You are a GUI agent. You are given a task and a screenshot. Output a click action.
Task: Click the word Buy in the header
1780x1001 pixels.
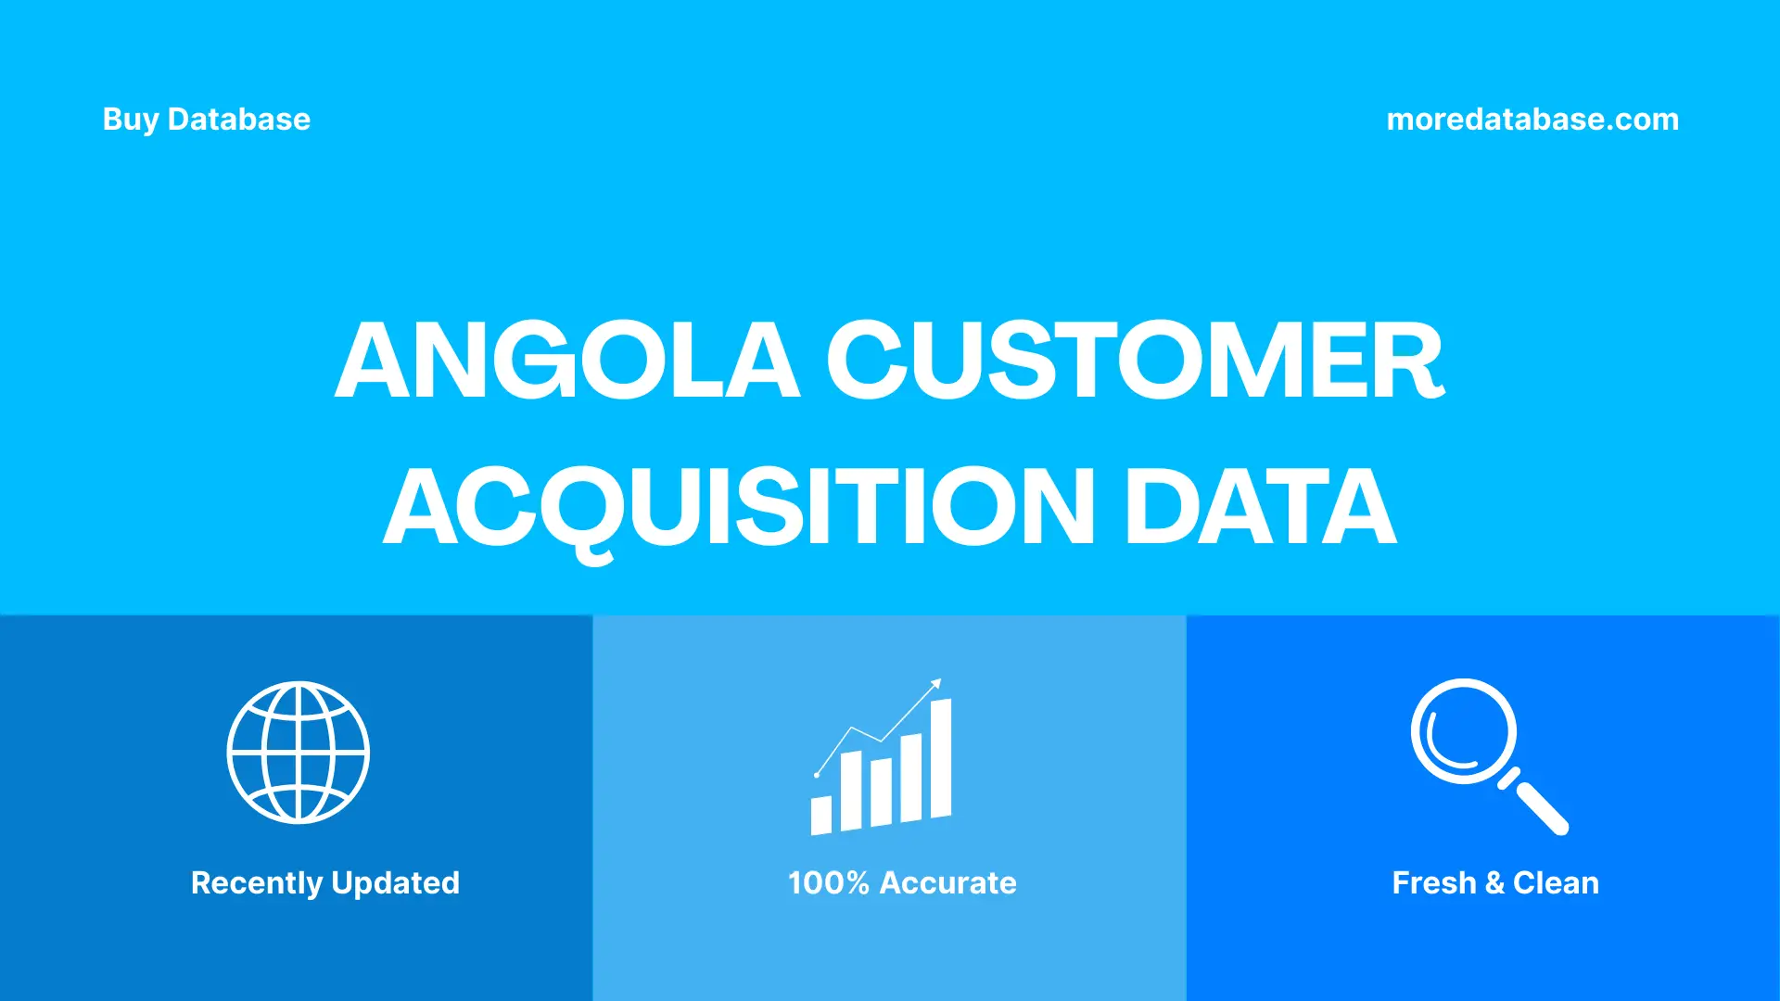pyautogui.click(x=130, y=120)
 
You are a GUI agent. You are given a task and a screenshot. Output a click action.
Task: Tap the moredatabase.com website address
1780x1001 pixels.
pyautogui.click(x=1532, y=120)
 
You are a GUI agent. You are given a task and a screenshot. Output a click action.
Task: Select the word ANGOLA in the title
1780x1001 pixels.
pyautogui.click(x=566, y=361)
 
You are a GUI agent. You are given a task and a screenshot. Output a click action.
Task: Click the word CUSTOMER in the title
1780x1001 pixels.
pyautogui.click(x=1135, y=361)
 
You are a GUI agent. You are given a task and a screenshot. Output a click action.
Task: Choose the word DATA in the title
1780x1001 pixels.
pyautogui.click(x=1260, y=507)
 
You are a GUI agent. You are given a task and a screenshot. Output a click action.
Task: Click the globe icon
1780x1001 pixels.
pyautogui.click(x=299, y=753)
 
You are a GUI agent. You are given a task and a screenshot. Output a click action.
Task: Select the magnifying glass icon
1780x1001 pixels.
pyautogui.click(x=1487, y=754)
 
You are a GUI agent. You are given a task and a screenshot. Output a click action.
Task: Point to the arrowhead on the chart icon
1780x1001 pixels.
pyautogui.click(x=936, y=684)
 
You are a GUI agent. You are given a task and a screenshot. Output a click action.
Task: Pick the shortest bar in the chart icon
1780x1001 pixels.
pyautogui.click(x=820, y=815)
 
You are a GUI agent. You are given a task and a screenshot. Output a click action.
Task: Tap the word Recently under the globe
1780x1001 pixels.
pyautogui.click(x=256, y=883)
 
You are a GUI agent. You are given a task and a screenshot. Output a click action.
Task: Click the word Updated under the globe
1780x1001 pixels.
pyautogui.click(x=395, y=883)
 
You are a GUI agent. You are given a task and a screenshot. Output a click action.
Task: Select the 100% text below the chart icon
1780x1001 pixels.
pyautogui.click(x=828, y=883)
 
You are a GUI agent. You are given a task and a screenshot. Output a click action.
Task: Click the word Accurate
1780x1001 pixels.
pyautogui.click(x=947, y=883)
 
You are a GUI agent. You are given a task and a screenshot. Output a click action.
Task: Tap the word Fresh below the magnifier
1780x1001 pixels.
pyautogui.click(x=1433, y=883)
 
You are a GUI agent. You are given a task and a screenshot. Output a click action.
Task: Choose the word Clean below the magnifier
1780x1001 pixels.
pyautogui.click(x=1556, y=883)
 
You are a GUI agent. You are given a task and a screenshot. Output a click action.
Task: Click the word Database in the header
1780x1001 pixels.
pyautogui.click(x=239, y=120)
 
